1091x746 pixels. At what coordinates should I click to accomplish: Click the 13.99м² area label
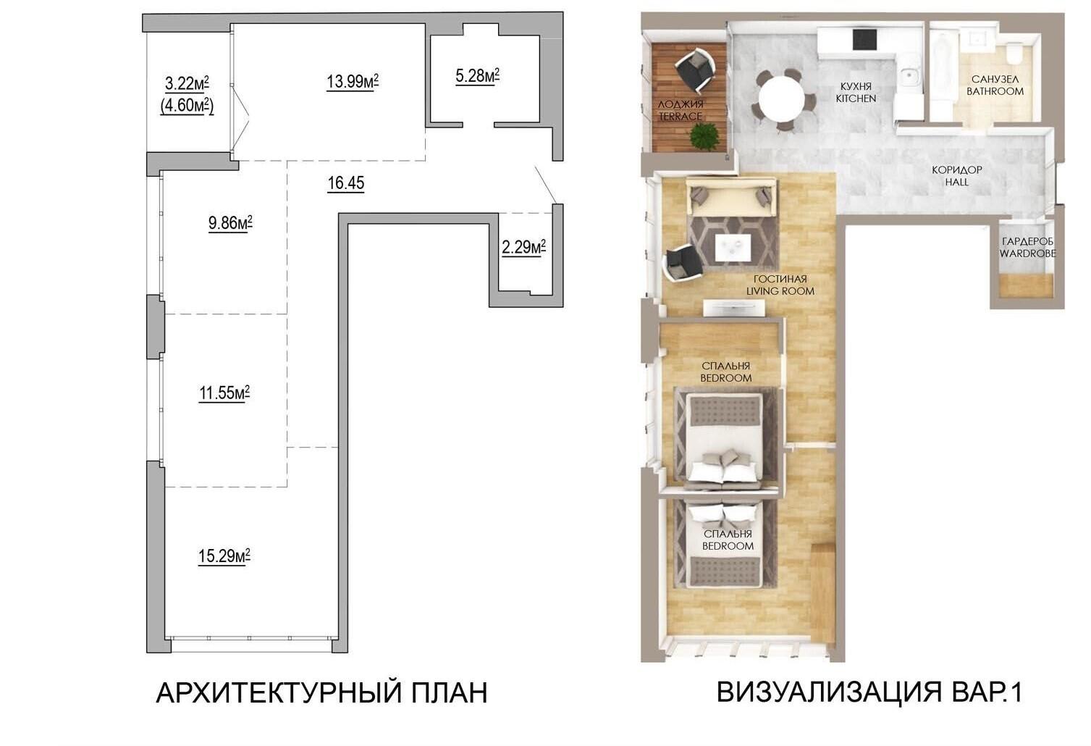352,81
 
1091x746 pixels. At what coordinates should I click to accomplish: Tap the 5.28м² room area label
477,76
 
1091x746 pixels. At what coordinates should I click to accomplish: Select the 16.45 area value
346,183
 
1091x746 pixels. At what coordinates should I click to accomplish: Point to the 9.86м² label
230,223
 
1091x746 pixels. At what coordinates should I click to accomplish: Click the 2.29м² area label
523,247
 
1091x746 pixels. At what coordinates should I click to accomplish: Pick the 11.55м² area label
224,393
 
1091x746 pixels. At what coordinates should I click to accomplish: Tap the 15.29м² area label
224,556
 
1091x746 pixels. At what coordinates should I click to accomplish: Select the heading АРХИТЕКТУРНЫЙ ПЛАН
321,693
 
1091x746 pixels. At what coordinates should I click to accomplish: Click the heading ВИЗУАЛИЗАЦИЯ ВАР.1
869,692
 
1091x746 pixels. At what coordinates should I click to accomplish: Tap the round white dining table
781,99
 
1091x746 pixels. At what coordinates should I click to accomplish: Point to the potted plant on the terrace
704,136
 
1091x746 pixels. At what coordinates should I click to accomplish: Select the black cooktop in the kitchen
865,39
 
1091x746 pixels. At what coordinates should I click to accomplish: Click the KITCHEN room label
856,99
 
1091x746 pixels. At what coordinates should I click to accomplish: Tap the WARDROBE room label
1028,253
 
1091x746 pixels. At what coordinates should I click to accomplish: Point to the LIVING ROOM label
780,291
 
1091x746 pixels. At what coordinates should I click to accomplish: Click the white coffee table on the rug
733,248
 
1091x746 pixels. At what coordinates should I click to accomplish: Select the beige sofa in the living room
730,197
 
